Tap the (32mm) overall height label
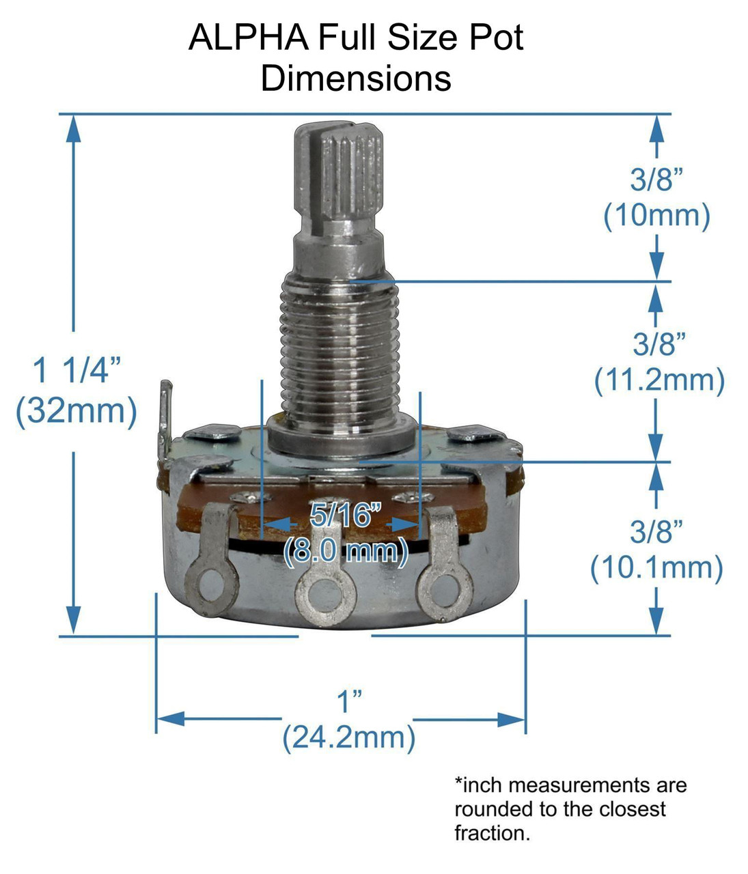(77, 411)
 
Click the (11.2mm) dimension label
(659, 380)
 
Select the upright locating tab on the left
(165, 417)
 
